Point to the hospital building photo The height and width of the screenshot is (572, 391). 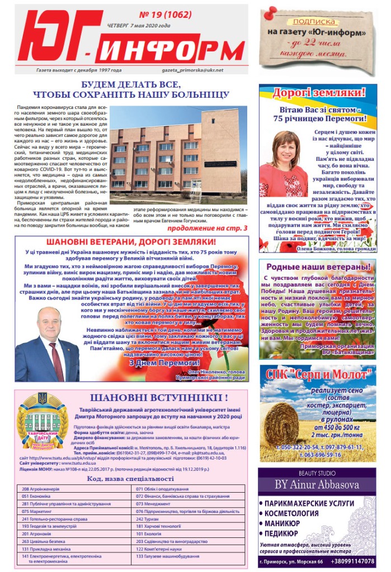pos(178,155)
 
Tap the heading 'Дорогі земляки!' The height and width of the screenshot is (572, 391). pos(318,93)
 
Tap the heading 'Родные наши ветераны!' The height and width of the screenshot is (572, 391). pos(317,268)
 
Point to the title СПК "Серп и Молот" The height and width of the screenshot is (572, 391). pos(317,374)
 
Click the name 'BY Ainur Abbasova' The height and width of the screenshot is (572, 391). pos(317,483)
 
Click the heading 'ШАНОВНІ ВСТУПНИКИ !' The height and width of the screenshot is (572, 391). pos(159,398)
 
